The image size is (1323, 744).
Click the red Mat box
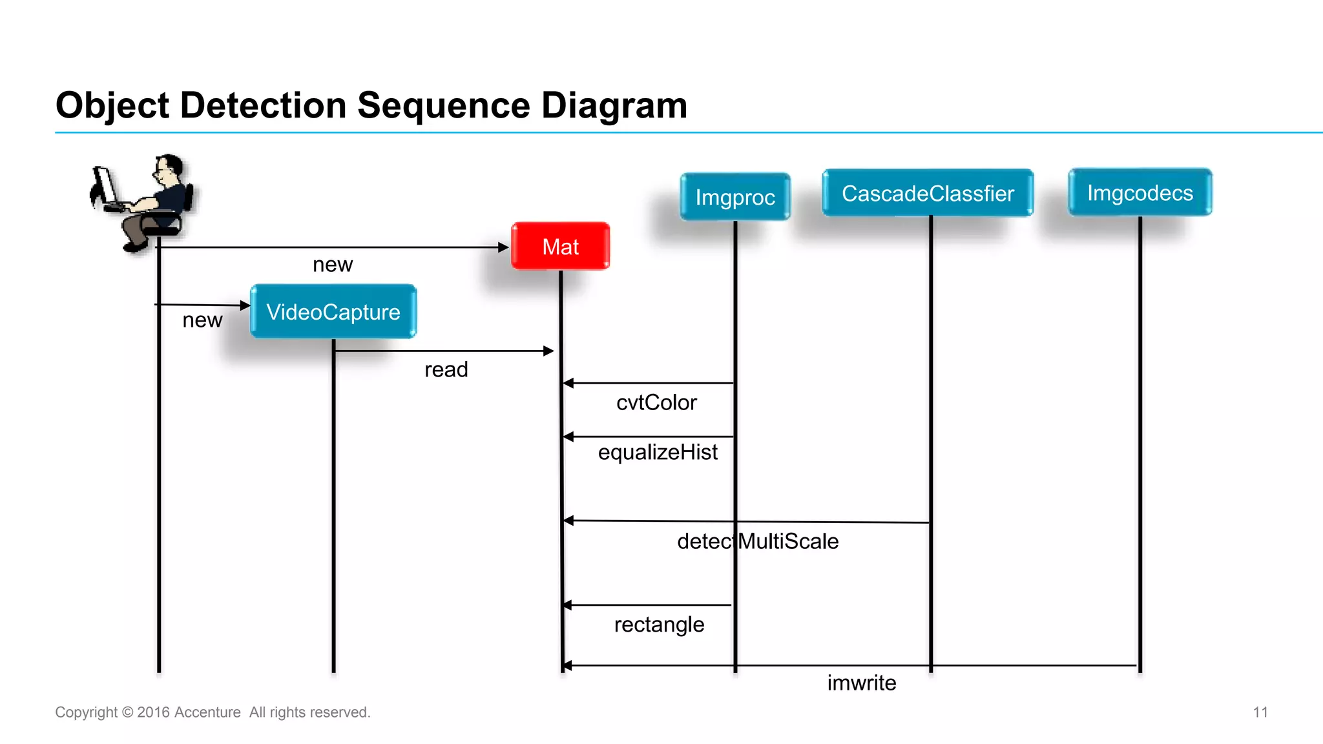560,246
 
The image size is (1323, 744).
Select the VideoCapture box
333,312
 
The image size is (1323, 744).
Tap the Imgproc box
735,197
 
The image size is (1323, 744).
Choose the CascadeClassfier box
928,193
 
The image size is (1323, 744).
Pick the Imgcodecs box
1140,192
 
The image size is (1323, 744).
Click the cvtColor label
656,402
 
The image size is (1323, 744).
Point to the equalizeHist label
658,452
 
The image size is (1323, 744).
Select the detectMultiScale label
758,541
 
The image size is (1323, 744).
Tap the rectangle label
659,625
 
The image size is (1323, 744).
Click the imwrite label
862,683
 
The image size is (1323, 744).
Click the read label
446,369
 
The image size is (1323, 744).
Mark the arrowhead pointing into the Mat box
504,247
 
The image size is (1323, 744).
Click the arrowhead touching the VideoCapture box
245,305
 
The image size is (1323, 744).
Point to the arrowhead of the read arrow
548,351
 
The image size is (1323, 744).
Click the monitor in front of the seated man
105,186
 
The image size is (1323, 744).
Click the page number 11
1260,712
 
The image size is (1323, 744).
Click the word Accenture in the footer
207,712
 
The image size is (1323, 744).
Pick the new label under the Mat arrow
333,264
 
